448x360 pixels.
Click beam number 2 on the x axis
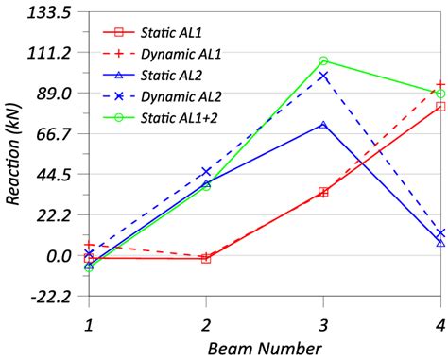click(x=206, y=323)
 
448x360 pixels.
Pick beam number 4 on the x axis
click(x=440, y=323)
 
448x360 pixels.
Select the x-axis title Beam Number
click(x=266, y=348)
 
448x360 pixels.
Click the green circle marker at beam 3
click(x=323, y=61)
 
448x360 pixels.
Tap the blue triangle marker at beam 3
click(x=323, y=124)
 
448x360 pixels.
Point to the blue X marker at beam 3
click(x=323, y=77)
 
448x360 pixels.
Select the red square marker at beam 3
click(x=323, y=192)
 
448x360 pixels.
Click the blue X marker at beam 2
click(x=206, y=171)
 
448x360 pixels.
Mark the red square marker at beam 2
click(x=206, y=258)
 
